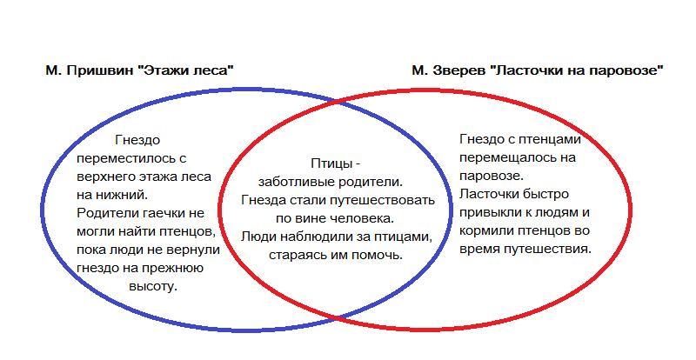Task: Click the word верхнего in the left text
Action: coord(105,177)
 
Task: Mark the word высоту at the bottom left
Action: coord(152,285)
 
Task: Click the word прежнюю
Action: coord(174,267)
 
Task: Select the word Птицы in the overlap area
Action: coord(330,163)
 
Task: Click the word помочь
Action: coord(376,255)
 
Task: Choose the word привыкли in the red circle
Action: coord(490,212)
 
